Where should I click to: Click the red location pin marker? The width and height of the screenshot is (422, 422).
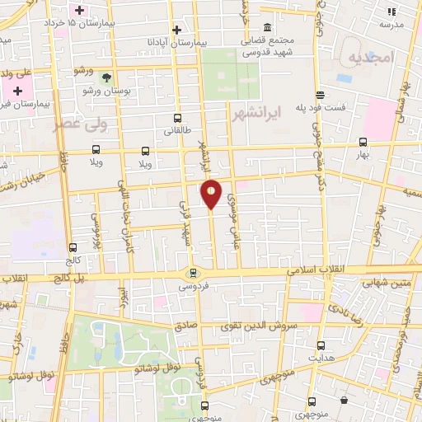[212, 194]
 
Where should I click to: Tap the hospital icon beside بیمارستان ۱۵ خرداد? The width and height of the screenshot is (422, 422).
[80, 11]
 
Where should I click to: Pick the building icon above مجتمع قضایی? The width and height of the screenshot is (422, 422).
[269, 27]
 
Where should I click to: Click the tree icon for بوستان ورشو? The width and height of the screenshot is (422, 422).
[106, 77]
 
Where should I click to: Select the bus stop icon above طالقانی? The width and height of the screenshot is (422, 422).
[177, 119]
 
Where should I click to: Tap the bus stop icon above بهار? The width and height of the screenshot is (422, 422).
[363, 142]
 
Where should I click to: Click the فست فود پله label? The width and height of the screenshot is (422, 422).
[345, 107]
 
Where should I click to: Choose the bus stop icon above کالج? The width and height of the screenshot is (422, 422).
[73, 246]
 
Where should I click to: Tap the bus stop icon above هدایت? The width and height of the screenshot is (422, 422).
[321, 345]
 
